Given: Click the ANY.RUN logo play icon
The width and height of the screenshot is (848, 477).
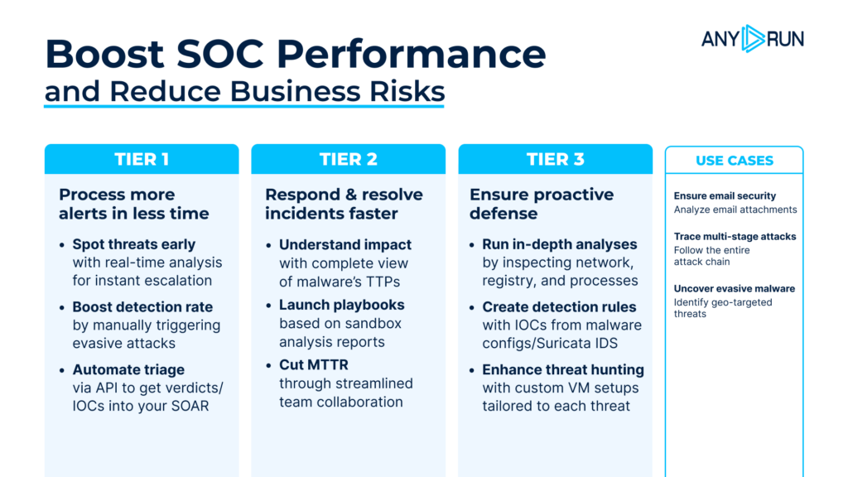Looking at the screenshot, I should [753, 38].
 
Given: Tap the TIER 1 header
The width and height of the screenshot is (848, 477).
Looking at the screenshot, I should [142, 159].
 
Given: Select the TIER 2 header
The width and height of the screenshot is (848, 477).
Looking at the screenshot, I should [348, 159].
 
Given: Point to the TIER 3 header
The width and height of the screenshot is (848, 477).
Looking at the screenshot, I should [555, 159].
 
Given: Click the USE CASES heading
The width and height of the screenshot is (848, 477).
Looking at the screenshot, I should [734, 161].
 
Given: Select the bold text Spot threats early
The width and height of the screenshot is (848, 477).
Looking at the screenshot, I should [133, 244].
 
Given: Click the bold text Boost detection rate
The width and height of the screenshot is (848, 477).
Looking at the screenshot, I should [142, 307].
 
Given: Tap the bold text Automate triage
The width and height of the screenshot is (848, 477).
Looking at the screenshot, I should [128, 369].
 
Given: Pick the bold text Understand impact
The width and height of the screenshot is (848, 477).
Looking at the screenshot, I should [344, 244].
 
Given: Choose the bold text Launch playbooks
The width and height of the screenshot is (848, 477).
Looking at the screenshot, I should [341, 305].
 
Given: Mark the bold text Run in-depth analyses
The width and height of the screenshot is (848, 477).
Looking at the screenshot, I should [559, 244].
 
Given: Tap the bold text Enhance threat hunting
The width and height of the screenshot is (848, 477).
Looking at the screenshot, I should [562, 369].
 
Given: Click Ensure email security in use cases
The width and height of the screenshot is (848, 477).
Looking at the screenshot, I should [725, 196].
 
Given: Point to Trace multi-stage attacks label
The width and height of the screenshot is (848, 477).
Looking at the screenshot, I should [735, 237].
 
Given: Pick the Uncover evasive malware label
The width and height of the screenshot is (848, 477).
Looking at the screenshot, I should [734, 289].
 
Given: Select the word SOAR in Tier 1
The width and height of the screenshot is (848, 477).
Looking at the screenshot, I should [191, 406].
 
